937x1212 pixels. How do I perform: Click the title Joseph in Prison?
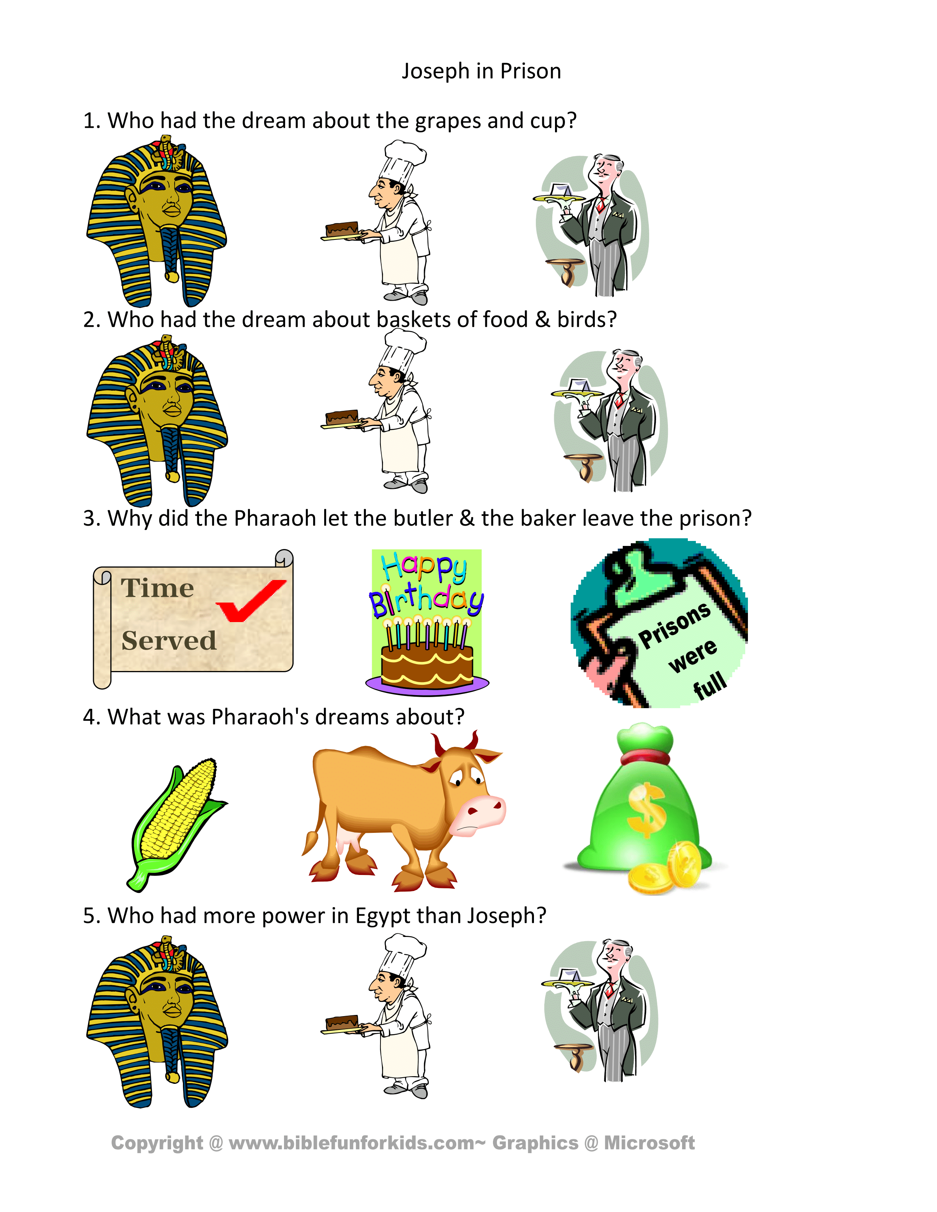tap(481, 71)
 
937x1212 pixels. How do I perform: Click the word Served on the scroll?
tap(169, 640)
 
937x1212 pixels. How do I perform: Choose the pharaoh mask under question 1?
tap(157, 221)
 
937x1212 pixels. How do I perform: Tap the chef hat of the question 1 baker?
tap(404, 161)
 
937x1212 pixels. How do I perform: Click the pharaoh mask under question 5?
tap(157, 1021)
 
